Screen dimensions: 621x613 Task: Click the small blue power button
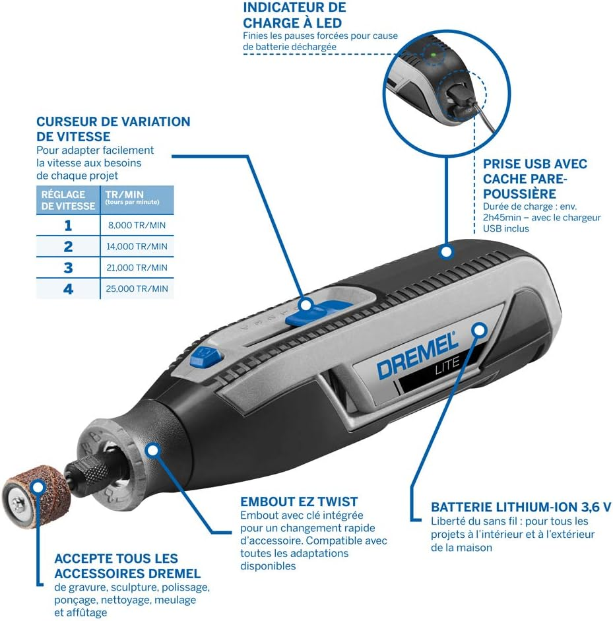(x=205, y=357)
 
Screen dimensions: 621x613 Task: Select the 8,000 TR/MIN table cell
(x=137, y=226)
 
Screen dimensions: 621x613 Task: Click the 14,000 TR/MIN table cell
(x=137, y=247)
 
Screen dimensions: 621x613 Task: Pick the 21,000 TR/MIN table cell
(x=137, y=268)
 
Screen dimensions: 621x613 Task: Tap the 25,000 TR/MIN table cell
(x=137, y=289)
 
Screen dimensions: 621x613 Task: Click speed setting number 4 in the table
(x=68, y=289)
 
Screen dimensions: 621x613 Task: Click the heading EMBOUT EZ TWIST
(x=299, y=502)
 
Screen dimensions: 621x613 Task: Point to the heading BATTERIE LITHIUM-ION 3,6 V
(x=521, y=507)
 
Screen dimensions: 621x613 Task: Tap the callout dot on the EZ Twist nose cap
(x=153, y=451)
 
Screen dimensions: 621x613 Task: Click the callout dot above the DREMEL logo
(x=480, y=329)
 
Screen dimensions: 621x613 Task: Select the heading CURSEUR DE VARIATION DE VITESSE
(x=113, y=129)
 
